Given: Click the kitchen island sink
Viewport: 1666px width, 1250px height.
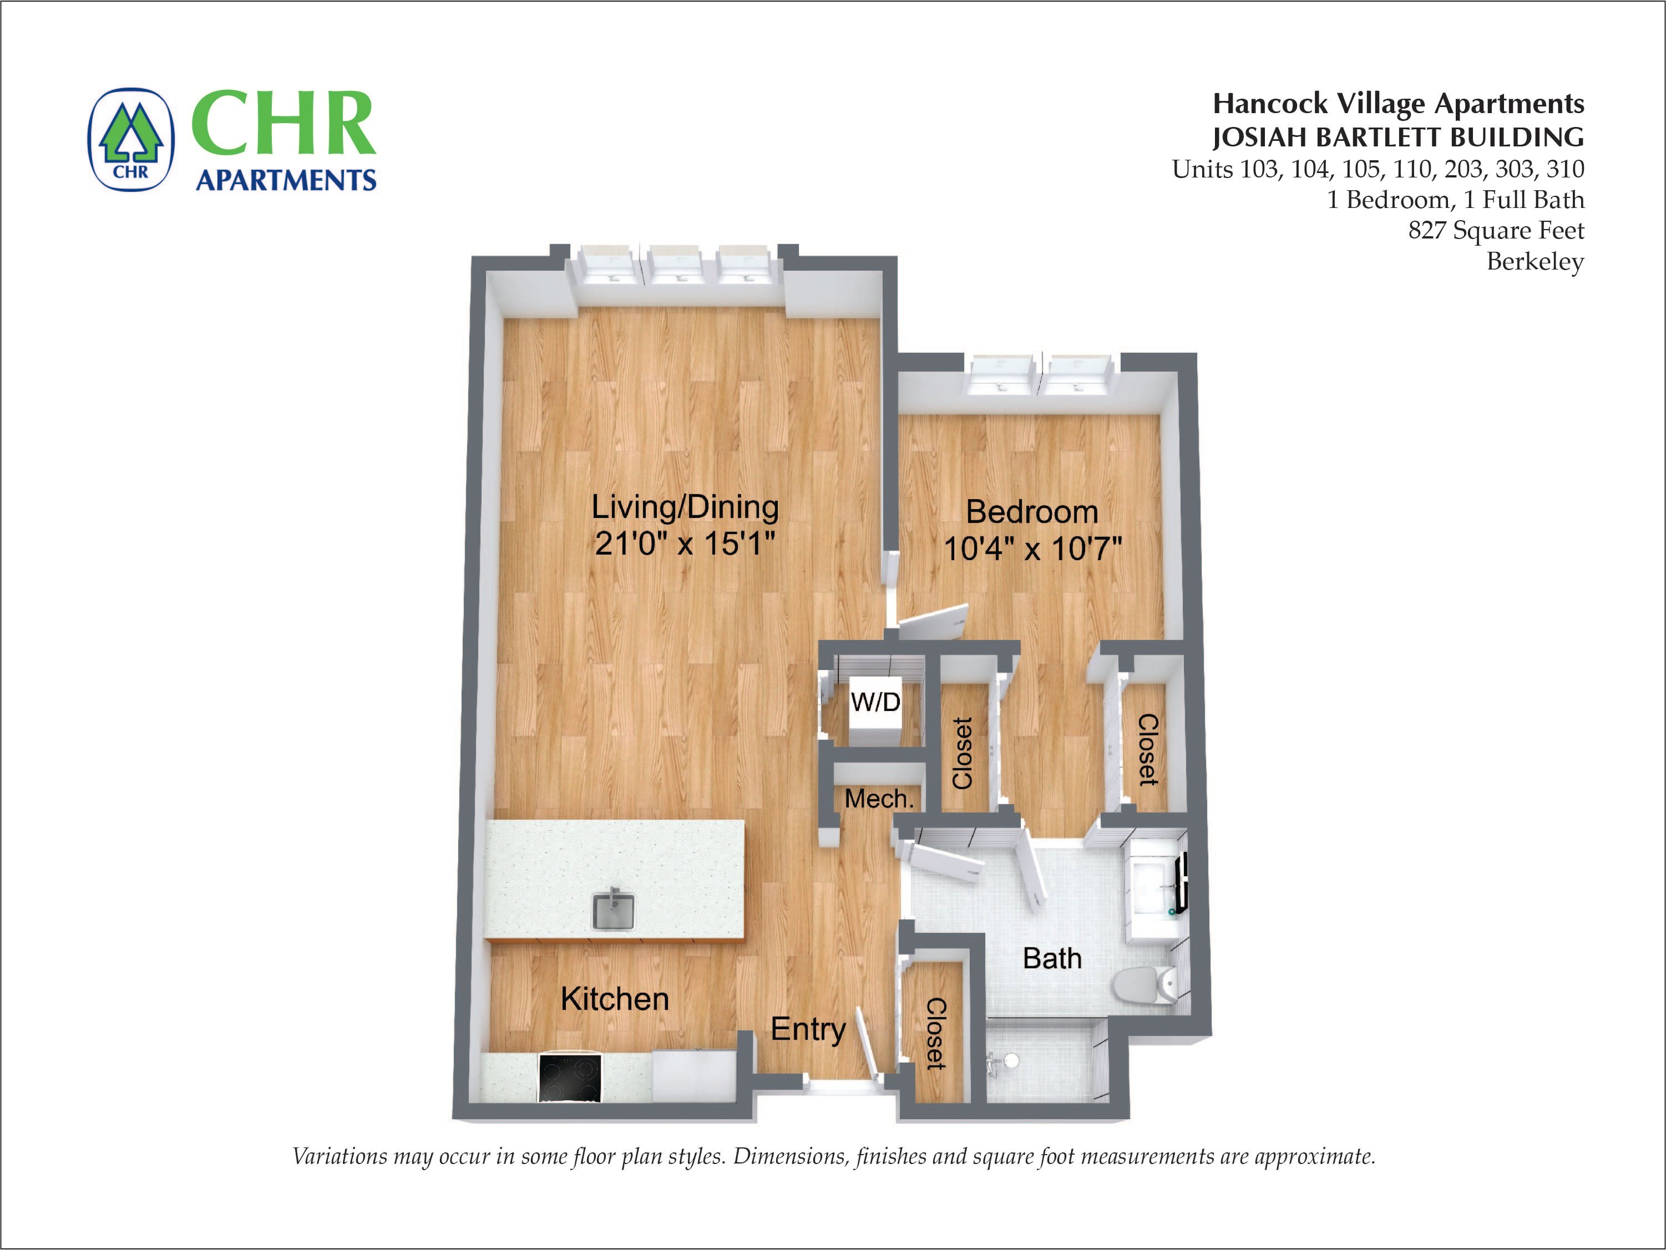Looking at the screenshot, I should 613,911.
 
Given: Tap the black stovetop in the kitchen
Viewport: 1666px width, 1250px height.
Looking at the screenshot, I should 570,1078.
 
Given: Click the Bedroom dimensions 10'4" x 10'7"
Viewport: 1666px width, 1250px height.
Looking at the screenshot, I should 1032,548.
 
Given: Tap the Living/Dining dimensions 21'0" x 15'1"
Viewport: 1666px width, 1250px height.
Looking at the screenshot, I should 685,543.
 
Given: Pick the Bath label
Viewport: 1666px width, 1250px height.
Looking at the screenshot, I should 1052,959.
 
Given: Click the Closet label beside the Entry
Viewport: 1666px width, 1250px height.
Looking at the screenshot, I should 935,1033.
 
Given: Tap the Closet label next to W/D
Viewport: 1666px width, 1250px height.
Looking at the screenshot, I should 963,753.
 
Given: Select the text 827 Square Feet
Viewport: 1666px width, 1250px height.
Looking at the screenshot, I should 1496,230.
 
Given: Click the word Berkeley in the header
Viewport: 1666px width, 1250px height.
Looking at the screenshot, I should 1535,262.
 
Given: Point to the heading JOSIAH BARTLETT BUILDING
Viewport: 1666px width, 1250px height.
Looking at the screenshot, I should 1398,138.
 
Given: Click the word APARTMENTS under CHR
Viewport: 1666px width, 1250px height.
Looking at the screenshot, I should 286,181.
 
